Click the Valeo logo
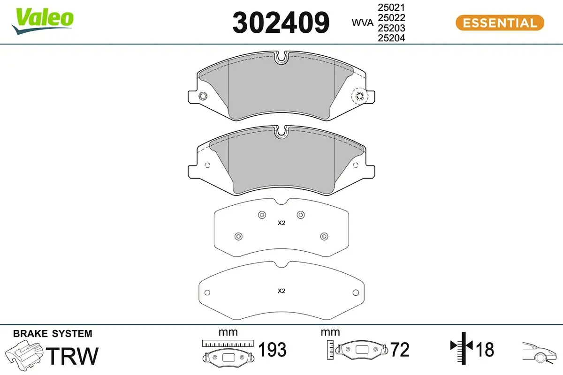coord(43,20)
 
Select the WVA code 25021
coord(391,8)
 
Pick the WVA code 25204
coord(391,38)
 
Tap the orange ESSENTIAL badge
coord(500,22)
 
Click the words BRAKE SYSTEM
coord(53,334)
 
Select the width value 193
coord(272,350)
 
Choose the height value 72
coord(400,350)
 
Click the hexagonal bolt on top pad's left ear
coord(203,97)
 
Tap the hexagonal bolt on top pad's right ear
coord(360,97)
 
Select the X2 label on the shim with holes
coord(281,223)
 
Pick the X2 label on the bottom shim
coord(281,291)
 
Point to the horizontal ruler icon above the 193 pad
coord(228,343)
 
